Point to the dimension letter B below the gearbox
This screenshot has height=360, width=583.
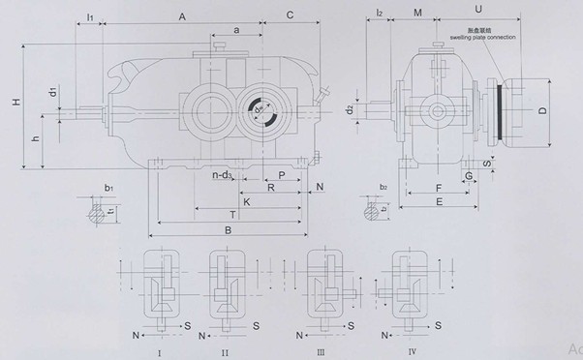(x=226, y=230)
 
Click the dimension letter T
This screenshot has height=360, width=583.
(x=231, y=213)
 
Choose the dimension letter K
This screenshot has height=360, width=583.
(x=247, y=201)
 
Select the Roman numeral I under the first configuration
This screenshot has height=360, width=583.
(x=157, y=354)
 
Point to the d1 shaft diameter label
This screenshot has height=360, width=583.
(x=52, y=95)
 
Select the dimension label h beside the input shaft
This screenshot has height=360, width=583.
(x=36, y=139)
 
